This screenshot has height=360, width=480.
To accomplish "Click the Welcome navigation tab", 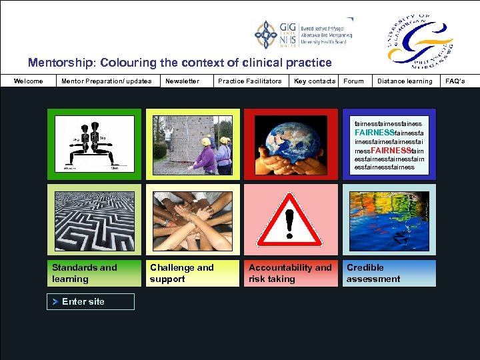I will (x=29, y=81).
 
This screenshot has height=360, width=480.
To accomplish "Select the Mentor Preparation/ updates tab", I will (x=106, y=81).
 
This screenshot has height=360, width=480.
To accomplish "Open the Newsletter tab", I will (x=183, y=81).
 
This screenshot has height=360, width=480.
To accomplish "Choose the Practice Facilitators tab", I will (x=250, y=81).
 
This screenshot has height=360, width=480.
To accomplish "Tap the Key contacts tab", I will (x=315, y=81).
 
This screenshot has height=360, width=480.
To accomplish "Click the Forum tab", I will (x=353, y=81).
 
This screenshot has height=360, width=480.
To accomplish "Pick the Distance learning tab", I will (x=405, y=81).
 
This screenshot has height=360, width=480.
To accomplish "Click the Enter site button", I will (x=91, y=302).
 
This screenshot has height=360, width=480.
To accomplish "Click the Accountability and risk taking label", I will (x=290, y=273).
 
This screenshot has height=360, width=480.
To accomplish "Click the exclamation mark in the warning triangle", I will (x=289, y=223).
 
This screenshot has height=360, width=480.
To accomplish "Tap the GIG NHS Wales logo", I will (x=303, y=35).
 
